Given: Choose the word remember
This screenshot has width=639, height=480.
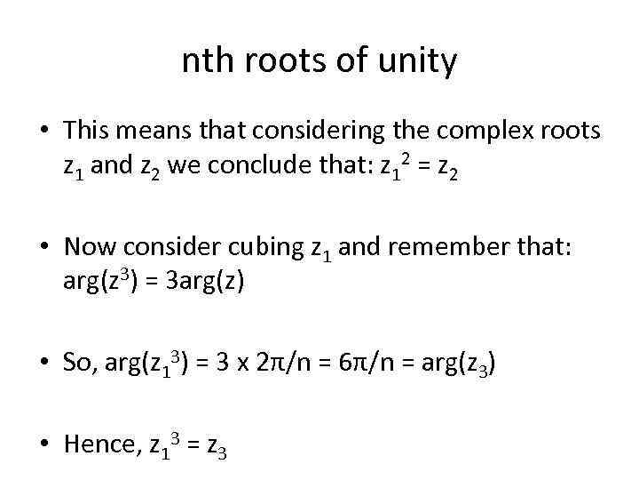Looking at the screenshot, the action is (467, 247).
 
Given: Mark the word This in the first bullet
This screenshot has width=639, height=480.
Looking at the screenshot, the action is (85, 132).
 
